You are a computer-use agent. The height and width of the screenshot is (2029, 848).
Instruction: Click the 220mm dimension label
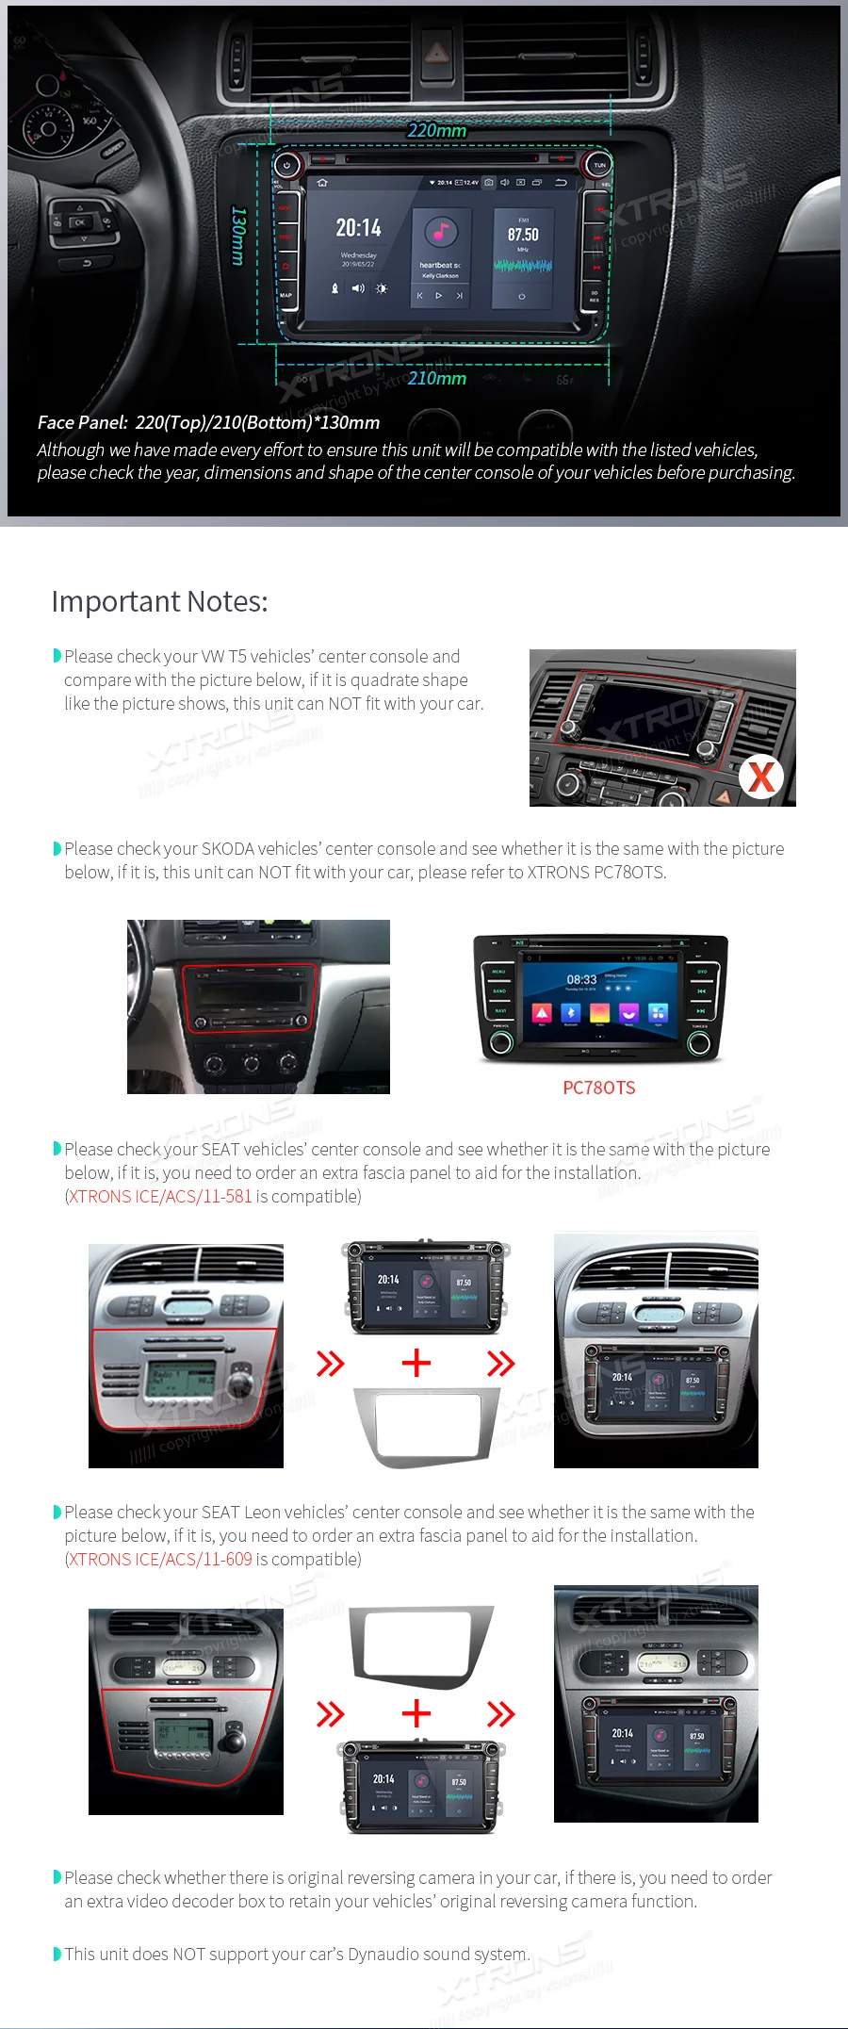(436, 130)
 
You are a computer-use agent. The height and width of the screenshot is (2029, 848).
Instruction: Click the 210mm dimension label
(436, 378)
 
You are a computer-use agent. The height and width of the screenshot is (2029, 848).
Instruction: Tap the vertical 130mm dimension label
(238, 236)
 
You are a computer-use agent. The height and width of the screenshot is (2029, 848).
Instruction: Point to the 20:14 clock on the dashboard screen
(358, 228)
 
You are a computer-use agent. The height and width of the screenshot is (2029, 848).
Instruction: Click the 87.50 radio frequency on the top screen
(523, 235)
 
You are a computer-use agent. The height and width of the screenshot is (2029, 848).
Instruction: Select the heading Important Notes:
(159, 601)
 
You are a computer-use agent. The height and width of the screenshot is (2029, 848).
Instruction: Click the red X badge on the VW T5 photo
(760, 777)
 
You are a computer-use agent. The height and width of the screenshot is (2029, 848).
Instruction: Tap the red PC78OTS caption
(598, 1088)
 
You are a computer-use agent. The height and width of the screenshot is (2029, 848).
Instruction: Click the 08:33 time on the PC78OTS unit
(581, 979)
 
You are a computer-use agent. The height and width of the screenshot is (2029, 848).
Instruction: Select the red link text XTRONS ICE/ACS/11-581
(160, 1196)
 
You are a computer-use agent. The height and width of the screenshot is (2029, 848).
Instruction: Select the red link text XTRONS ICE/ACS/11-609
(160, 1559)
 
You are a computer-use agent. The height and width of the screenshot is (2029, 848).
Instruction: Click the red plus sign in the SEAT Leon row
(416, 1712)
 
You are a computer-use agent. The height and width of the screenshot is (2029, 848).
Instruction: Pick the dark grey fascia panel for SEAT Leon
(420, 1645)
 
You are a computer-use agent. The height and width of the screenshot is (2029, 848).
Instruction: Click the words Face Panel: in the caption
(82, 422)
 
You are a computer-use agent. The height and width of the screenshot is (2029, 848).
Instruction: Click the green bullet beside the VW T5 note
(57, 656)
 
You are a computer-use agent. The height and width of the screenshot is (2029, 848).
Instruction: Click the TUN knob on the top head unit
(599, 165)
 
